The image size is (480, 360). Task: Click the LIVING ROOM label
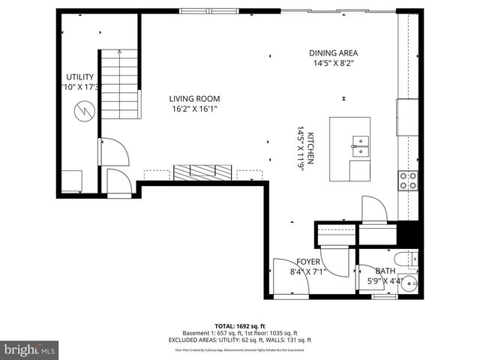194,98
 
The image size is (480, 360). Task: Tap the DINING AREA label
333,53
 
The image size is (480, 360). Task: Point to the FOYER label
308,262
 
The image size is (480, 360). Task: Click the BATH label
385,271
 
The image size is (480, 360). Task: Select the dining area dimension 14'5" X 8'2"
333,64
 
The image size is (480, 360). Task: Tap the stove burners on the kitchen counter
409,179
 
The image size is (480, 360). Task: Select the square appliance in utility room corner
73,181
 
